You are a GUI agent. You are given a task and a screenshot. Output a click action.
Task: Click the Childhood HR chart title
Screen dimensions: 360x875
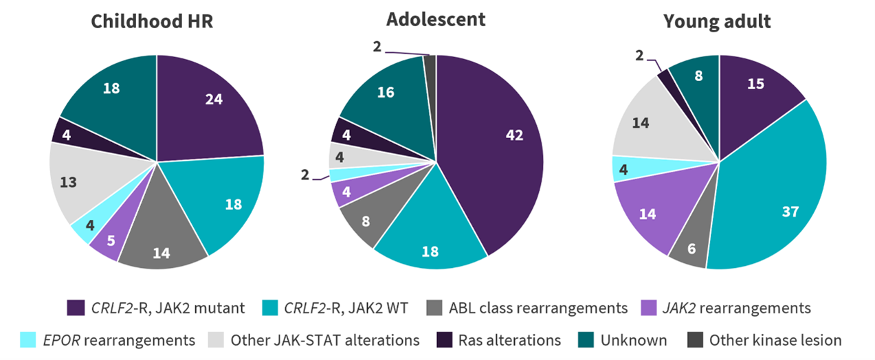point(152,21)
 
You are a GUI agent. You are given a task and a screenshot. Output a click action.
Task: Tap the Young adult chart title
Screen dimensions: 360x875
point(717,21)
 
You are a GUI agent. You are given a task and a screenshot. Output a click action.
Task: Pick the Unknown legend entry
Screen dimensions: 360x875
point(632,339)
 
